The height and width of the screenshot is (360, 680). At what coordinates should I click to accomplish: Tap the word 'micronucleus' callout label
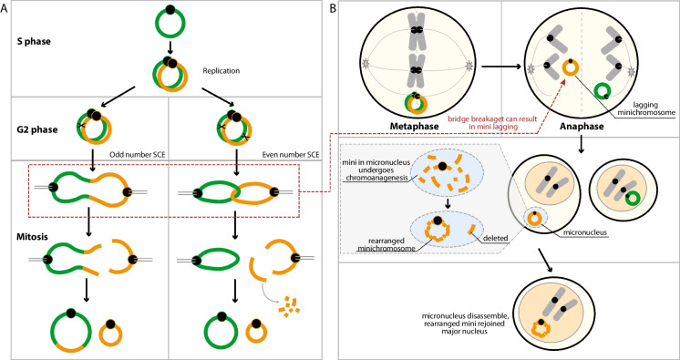point(584,232)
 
